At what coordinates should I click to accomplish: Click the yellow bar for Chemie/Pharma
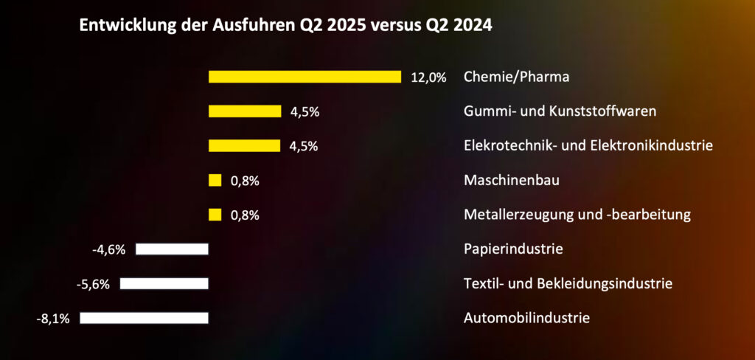coord(305,77)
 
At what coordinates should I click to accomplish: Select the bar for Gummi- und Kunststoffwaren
coord(245,111)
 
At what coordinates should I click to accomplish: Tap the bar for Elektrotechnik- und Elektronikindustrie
coord(244,145)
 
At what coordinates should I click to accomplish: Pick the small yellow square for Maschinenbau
coord(215,180)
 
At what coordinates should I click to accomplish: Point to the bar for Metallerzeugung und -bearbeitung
coord(215,215)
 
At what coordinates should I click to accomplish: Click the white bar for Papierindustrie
coord(172,249)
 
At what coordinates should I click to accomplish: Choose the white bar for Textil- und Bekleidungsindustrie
coord(164,283)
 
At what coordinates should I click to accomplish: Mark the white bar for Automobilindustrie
coord(144,318)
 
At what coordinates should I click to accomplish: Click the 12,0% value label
coord(428,77)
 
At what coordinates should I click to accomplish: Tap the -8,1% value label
coord(53,319)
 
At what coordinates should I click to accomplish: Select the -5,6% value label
coord(93,284)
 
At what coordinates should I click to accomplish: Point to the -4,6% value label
coord(109,249)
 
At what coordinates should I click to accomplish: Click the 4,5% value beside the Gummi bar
coord(304,112)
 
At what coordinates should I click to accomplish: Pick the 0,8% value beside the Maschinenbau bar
coord(246,181)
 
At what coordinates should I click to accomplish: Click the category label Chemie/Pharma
coord(516,77)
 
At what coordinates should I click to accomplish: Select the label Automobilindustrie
coord(526,319)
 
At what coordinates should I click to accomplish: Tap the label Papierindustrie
coord(513,249)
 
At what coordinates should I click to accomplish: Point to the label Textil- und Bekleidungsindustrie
coord(568,283)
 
